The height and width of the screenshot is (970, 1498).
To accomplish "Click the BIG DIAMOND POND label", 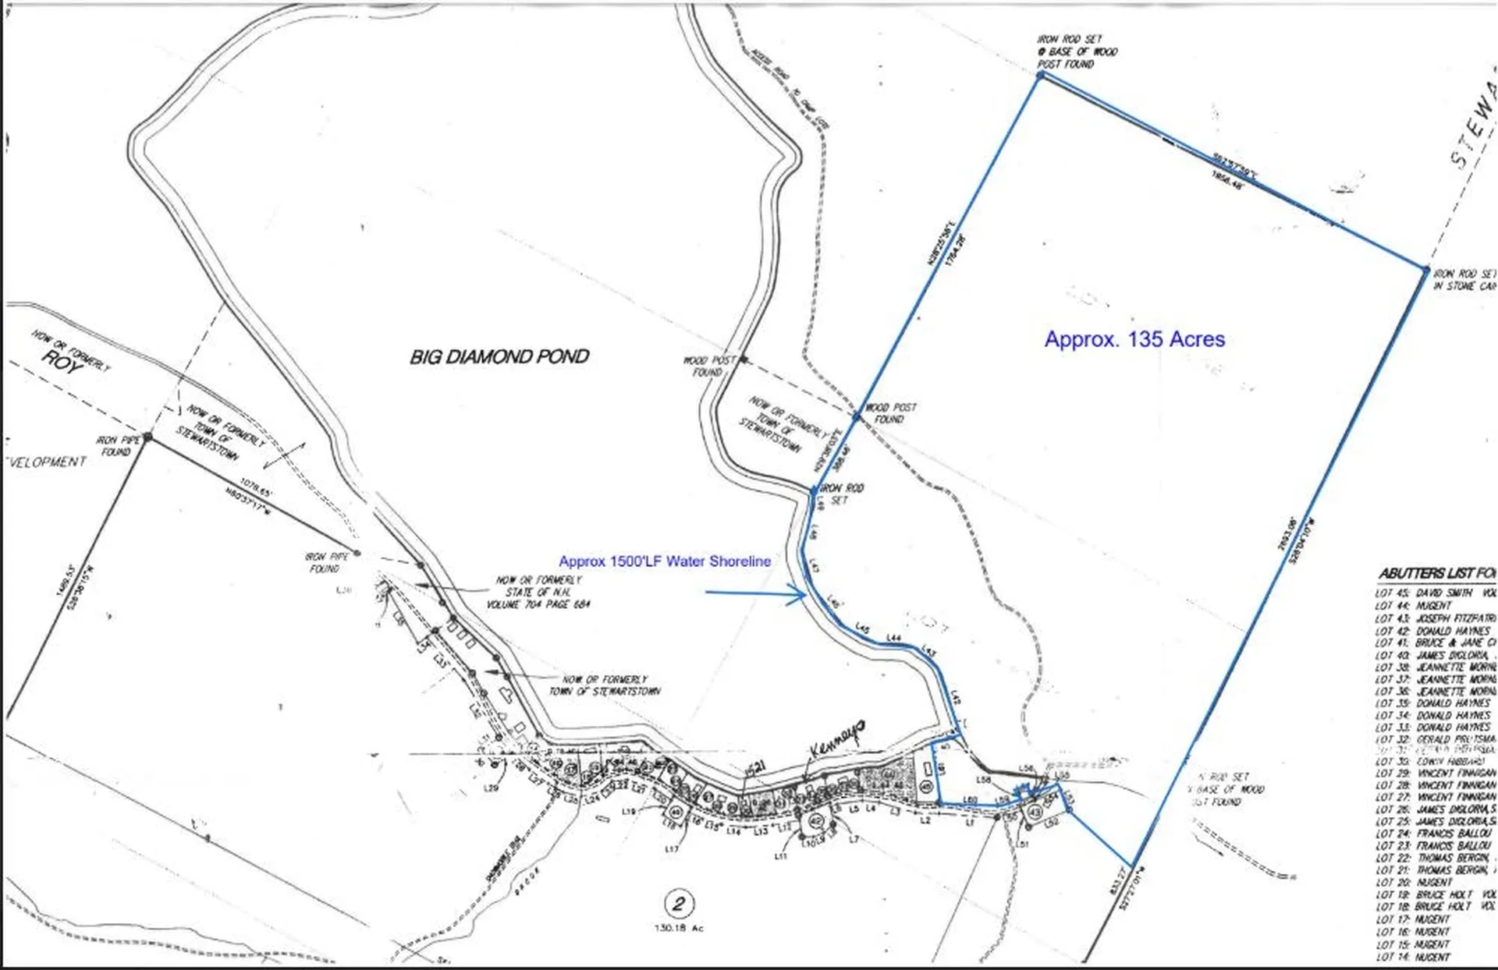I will (499, 357).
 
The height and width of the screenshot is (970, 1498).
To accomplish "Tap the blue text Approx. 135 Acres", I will (1134, 339).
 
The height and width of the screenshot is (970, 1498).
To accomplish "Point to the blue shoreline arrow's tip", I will (805, 595).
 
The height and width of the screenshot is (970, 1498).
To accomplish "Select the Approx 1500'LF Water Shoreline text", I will (665, 561).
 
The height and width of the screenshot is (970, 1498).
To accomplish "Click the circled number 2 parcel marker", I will (678, 904).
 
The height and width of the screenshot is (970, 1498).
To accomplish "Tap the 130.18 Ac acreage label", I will (678, 928).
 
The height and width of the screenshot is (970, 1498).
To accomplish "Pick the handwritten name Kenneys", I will (836, 738).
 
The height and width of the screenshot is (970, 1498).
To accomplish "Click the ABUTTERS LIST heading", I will (1436, 574).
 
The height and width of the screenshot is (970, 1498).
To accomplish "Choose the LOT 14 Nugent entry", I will (1413, 958).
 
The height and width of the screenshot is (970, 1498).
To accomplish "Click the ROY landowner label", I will (62, 362).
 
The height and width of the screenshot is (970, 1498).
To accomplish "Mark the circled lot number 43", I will (1035, 812).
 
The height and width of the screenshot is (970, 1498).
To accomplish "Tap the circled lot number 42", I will (816, 821).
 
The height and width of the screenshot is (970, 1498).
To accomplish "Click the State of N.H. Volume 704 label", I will (538, 593).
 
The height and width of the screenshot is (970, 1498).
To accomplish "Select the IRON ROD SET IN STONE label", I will (1464, 280).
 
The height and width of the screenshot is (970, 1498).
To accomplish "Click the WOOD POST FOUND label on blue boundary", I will (890, 413).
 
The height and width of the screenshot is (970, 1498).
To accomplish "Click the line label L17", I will (672, 849).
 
